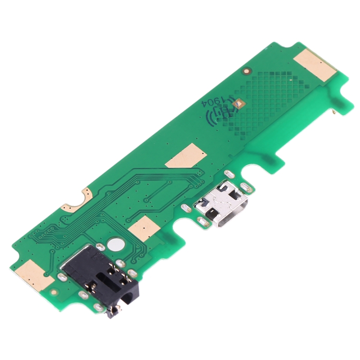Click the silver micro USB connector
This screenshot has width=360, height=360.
[x=222, y=203]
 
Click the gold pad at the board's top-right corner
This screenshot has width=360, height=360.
[x=315, y=65]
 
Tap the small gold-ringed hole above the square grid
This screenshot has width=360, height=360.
[x=247, y=72]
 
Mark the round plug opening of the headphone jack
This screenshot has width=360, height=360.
[x=128, y=299]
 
